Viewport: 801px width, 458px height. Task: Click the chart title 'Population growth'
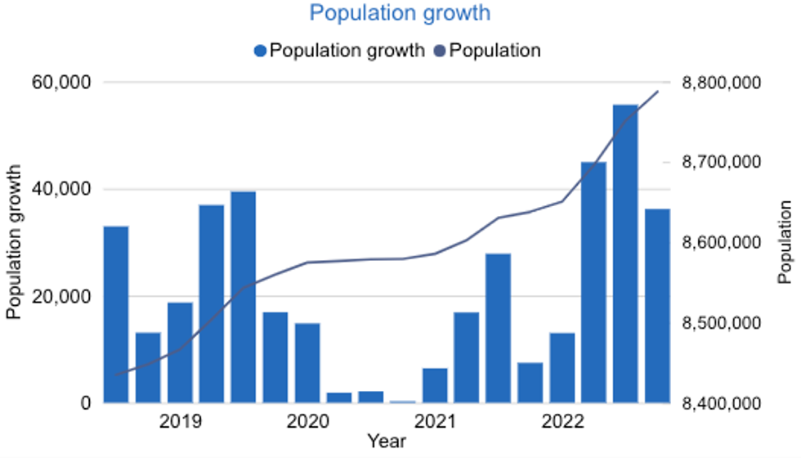point(400,14)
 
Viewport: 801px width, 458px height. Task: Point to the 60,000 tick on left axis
point(61,83)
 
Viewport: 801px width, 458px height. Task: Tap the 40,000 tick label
point(61,190)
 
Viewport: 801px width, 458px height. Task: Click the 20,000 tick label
point(61,296)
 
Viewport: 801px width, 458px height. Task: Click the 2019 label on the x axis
point(180,422)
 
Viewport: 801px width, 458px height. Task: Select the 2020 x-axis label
point(307,422)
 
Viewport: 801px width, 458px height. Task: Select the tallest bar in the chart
point(625,254)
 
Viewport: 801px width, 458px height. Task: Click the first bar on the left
point(116,315)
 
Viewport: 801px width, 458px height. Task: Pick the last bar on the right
point(657,306)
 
